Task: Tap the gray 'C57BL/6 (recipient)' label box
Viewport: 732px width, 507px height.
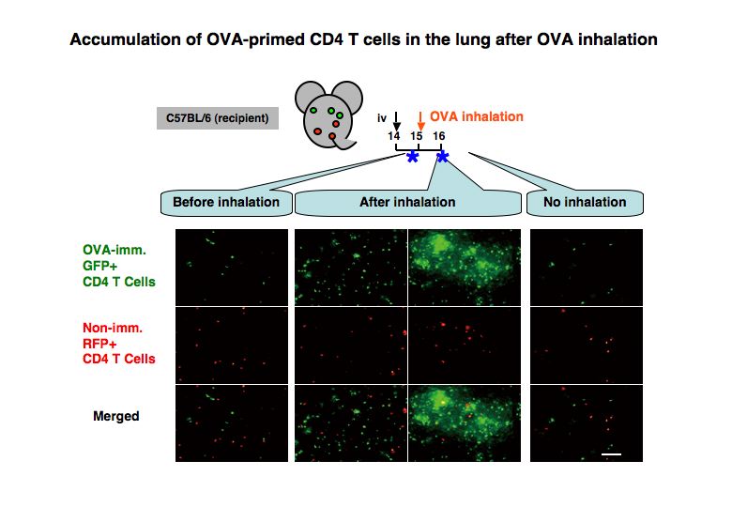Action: [218, 118]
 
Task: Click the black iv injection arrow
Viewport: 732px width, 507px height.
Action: [396, 121]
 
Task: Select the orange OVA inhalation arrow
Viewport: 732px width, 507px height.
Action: [420, 121]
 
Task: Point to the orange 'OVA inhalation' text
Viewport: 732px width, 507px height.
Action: [476, 116]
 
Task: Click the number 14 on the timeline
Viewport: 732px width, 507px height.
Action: [394, 136]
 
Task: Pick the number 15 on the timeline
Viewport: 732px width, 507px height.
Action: [417, 136]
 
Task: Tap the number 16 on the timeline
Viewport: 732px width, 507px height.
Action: [439, 136]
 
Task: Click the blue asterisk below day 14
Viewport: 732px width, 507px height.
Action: [412, 157]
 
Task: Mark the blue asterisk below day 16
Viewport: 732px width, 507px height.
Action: [442, 157]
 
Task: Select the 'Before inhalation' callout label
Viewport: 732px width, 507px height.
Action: [226, 203]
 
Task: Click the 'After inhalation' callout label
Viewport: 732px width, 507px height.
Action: [407, 203]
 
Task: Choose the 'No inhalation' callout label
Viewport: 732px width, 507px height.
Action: [585, 203]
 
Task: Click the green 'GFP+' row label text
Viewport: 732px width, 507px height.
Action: [100, 266]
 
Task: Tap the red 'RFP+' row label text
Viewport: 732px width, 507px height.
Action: [99, 344]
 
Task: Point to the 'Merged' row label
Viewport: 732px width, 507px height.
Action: [116, 416]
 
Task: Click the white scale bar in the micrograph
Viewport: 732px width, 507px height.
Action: [611, 453]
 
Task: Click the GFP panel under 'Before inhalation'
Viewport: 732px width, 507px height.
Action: [232, 267]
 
